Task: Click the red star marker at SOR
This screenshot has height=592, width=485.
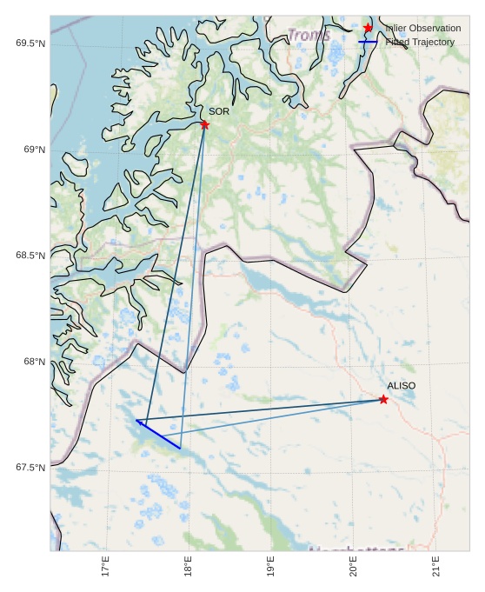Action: click(x=205, y=124)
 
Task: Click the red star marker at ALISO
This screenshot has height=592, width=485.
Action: click(x=383, y=399)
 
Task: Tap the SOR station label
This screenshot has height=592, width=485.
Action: click(x=219, y=111)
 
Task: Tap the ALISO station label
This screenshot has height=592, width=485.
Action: click(x=402, y=385)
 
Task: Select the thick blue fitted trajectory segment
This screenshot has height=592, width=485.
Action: click(x=158, y=434)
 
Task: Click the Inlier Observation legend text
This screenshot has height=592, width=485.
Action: click(x=423, y=29)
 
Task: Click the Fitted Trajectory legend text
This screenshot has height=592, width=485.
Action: click(x=420, y=42)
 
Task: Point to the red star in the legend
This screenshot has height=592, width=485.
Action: click(x=369, y=28)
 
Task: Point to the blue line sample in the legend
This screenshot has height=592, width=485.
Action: click(x=369, y=42)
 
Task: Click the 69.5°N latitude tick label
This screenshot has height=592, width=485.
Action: click(x=30, y=43)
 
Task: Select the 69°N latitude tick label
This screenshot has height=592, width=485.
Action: click(x=35, y=150)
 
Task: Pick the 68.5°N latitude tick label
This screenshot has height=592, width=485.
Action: click(x=30, y=256)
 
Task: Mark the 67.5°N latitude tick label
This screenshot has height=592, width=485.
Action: click(x=30, y=468)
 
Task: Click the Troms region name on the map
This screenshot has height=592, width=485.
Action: click(x=309, y=36)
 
